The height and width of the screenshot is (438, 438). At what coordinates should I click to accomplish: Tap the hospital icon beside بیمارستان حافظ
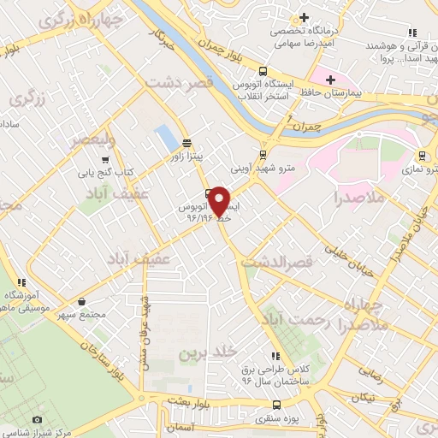pyautogui.click(x=320, y=79)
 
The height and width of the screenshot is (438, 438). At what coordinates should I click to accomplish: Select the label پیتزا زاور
pyautogui.click(x=186, y=157)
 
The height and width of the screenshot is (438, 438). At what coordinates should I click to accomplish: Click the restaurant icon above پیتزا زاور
pyautogui.click(x=186, y=143)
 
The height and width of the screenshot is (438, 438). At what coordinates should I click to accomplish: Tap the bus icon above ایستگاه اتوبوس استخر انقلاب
pyautogui.click(x=263, y=72)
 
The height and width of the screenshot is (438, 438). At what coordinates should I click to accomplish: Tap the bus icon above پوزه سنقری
pyautogui.click(x=275, y=405)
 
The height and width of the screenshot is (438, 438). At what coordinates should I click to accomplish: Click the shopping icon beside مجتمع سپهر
pyautogui.click(x=81, y=301)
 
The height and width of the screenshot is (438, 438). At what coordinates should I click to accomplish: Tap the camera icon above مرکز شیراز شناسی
pyautogui.click(x=37, y=419)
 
